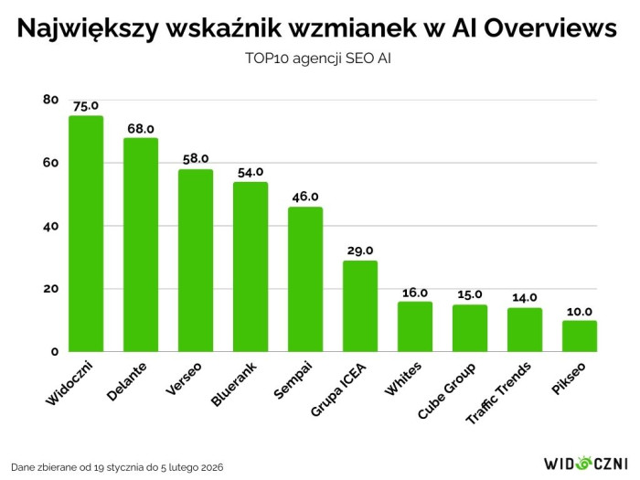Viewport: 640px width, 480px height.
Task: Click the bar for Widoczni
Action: pos(86,234)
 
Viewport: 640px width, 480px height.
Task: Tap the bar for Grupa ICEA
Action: pos(360,306)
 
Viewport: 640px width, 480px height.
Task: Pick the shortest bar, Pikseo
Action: pos(580,336)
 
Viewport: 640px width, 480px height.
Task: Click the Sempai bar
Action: pos(305,280)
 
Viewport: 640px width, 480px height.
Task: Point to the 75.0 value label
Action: pos(86,105)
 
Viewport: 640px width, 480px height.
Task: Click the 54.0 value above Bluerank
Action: pos(251,171)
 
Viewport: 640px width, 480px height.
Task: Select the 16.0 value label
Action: pos(415,292)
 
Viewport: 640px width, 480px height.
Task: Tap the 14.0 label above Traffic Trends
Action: pos(525,297)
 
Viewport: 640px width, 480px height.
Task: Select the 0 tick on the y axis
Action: pos(54,352)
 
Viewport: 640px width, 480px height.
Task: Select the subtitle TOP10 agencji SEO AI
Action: pos(319,58)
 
